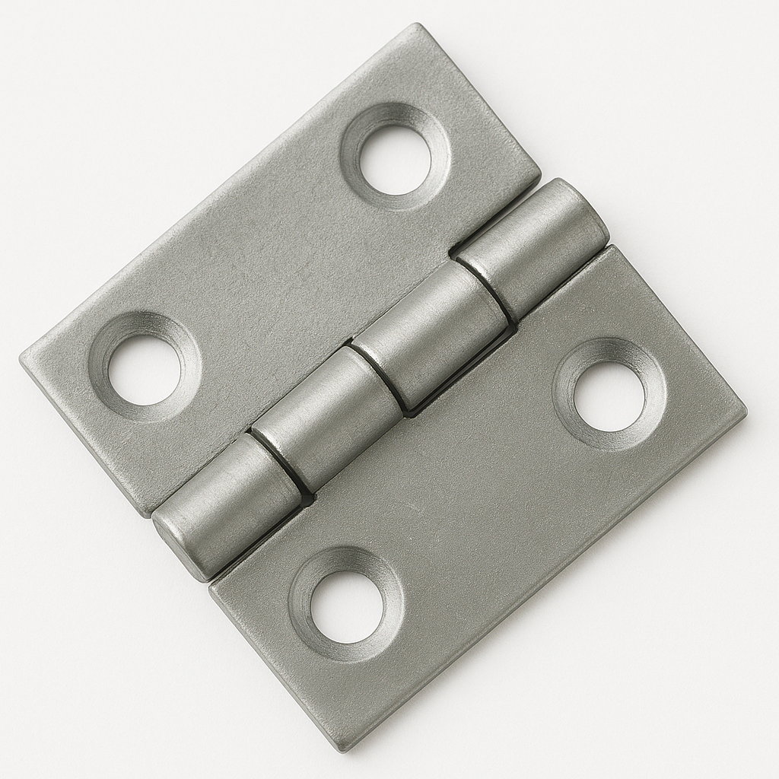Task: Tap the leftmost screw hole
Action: [x=145, y=370]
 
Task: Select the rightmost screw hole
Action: [x=609, y=396]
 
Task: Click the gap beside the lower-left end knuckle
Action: [x=276, y=463]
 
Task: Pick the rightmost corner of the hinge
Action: [x=744, y=415]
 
